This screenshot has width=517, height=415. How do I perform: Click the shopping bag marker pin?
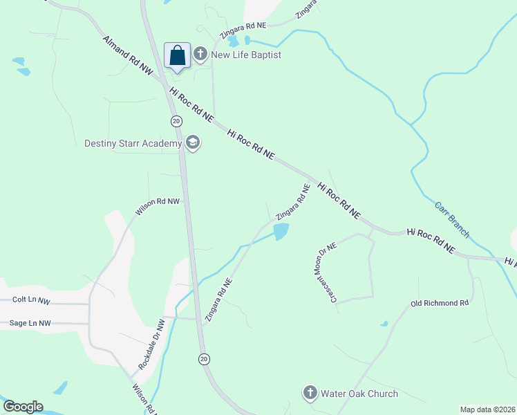pos(177,56)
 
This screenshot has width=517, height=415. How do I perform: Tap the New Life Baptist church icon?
pos(200,54)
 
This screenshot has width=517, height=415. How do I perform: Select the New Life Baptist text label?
pos(246,55)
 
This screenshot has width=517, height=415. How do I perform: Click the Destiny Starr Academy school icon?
pos(192,143)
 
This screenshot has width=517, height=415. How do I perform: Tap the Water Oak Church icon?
pos(310,394)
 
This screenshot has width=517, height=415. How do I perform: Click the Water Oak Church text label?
pos(359,394)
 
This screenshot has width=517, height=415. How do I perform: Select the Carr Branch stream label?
pos(452,220)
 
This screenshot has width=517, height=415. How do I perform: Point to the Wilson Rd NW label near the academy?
pos(158,206)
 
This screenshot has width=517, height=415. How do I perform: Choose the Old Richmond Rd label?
pos(440,303)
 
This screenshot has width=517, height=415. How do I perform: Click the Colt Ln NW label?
pos(32,300)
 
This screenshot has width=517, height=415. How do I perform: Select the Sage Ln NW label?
pos(30,323)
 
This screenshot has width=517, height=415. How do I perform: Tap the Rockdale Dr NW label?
pos(151,344)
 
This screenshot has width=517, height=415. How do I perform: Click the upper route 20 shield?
pos(176,121)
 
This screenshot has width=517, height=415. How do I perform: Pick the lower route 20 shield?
pos(203,358)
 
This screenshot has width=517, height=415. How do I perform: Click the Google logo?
pos(23,407)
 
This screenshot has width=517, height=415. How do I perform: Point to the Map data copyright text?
pos(487,409)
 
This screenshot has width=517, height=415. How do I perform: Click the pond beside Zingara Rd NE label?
pos(281,232)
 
